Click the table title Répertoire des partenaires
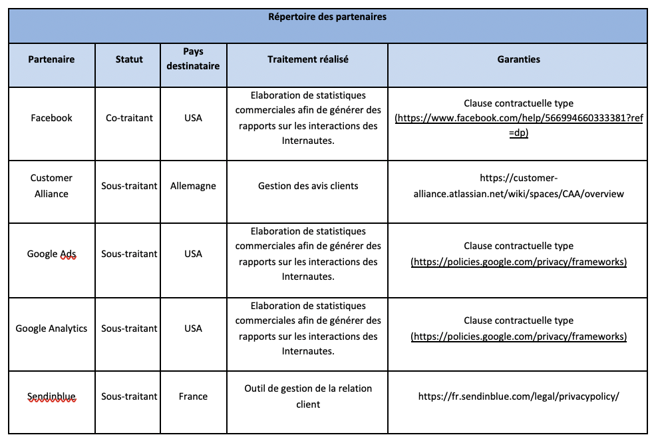(327, 17)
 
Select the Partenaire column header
(51, 59)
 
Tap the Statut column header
(129, 59)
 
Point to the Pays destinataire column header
(193, 59)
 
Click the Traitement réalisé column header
(307, 59)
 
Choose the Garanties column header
(518, 59)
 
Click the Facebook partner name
(51, 118)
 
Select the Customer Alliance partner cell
(51, 186)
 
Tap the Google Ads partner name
(51, 254)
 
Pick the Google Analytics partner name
(51, 328)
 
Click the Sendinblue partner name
(51, 396)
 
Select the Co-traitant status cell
(129, 118)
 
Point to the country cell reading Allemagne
(193, 186)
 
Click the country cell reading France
(193, 396)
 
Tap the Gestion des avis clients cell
(307, 186)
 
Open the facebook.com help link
(518, 119)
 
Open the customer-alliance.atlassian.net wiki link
(518, 186)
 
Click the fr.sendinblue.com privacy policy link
(518, 396)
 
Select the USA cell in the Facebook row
(193, 118)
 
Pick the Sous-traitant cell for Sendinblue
(129, 396)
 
